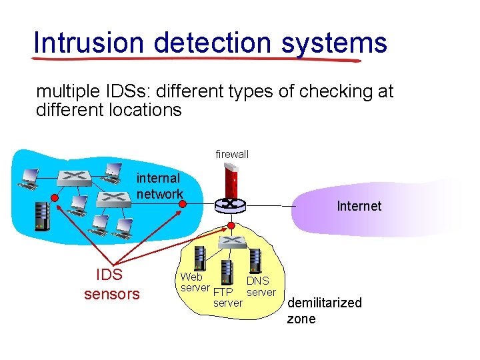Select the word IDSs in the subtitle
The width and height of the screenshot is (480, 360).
[125, 91]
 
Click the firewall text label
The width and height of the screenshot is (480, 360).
[232, 155]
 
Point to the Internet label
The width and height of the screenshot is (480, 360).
[359, 206]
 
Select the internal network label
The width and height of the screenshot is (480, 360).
[159, 186]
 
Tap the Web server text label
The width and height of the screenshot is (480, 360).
[195, 282]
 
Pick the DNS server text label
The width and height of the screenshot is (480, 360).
[261, 287]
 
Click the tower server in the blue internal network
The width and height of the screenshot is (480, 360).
[42, 215]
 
